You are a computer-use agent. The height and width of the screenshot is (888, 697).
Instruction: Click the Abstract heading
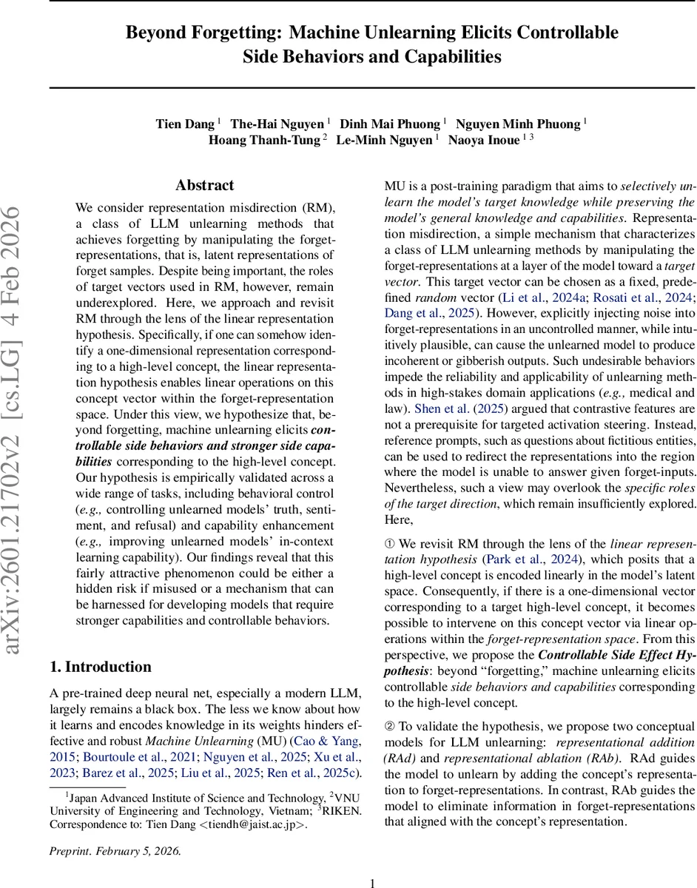[205, 185]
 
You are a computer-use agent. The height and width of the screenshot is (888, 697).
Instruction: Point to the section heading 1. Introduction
[101, 667]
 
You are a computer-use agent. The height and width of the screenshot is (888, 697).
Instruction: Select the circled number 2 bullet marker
[392, 726]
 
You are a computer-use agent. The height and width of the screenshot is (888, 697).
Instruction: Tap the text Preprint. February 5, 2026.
[115, 850]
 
